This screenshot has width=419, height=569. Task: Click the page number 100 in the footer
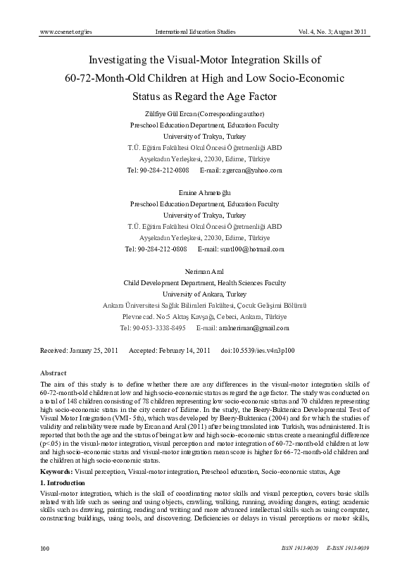click(x=44, y=547)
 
